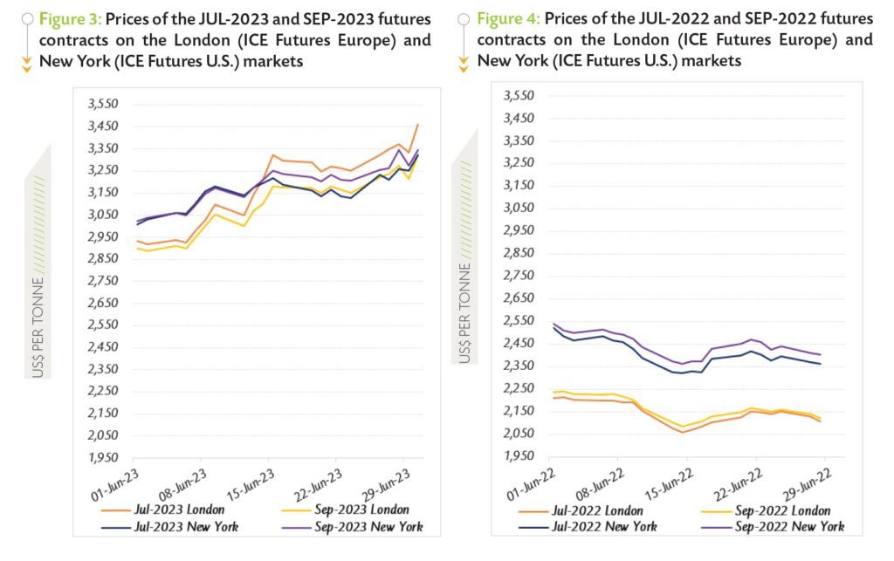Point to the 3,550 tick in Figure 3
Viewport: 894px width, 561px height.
tap(103, 104)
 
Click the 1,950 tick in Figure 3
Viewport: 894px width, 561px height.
tap(103, 458)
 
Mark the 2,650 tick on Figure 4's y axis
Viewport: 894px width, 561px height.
tap(518, 298)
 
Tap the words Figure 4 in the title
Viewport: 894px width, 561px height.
tap(509, 18)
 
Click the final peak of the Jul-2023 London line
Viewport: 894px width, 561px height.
tap(417, 125)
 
